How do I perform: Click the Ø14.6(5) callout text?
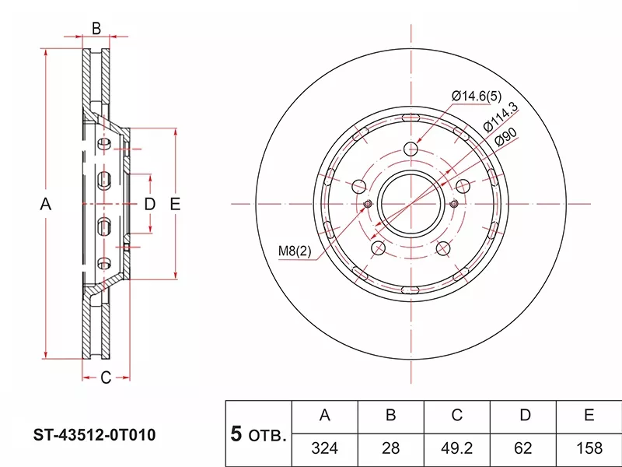tap(477, 96)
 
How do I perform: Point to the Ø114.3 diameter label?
tap(501, 117)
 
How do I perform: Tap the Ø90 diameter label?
tap(506, 137)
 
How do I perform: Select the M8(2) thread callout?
tap(295, 251)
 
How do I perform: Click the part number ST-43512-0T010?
tap(94, 435)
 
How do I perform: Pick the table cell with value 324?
tap(325, 448)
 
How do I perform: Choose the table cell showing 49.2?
tap(456, 448)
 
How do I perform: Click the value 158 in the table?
tap(589, 448)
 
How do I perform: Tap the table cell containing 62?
tap(522, 448)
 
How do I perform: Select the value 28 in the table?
tap(391, 448)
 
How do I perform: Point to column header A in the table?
tap(325, 416)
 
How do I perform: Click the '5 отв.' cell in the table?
tap(259, 434)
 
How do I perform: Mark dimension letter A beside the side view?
tap(46, 204)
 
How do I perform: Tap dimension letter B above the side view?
tap(96, 29)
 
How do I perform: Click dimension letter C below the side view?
tap(106, 377)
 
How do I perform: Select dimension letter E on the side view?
tap(175, 204)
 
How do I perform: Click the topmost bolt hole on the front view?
tap(411, 149)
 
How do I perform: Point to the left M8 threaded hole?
tap(368, 204)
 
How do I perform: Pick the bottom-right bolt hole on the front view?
tap(443, 248)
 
